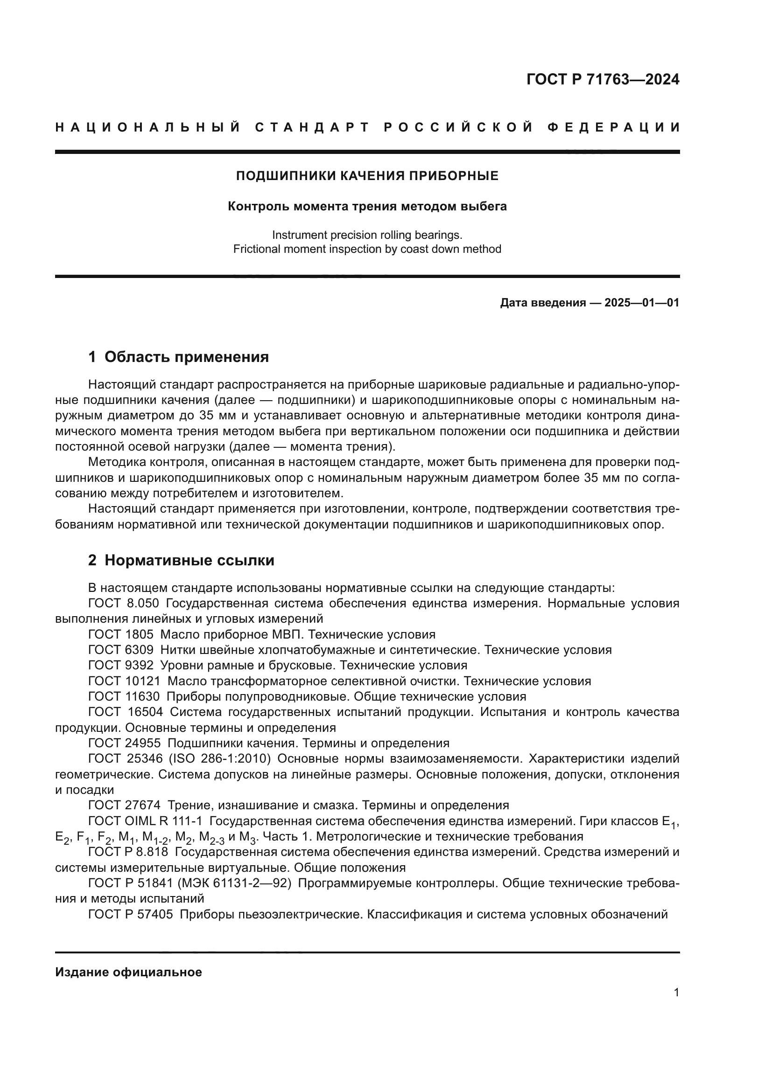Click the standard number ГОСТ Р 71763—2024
point(603,79)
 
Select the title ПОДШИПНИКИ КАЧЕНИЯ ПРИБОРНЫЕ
point(367,176)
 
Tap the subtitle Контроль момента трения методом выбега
point(367,206)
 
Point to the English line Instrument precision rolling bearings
point(367,235)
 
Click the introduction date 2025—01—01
point(641,303)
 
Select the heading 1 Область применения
point(178,357)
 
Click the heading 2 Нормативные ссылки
point(181,560)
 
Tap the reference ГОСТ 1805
point(121,634)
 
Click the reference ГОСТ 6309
point(121,650)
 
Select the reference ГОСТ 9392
point(121,665)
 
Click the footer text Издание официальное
point(128,972)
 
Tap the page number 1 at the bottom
point(676,992)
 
